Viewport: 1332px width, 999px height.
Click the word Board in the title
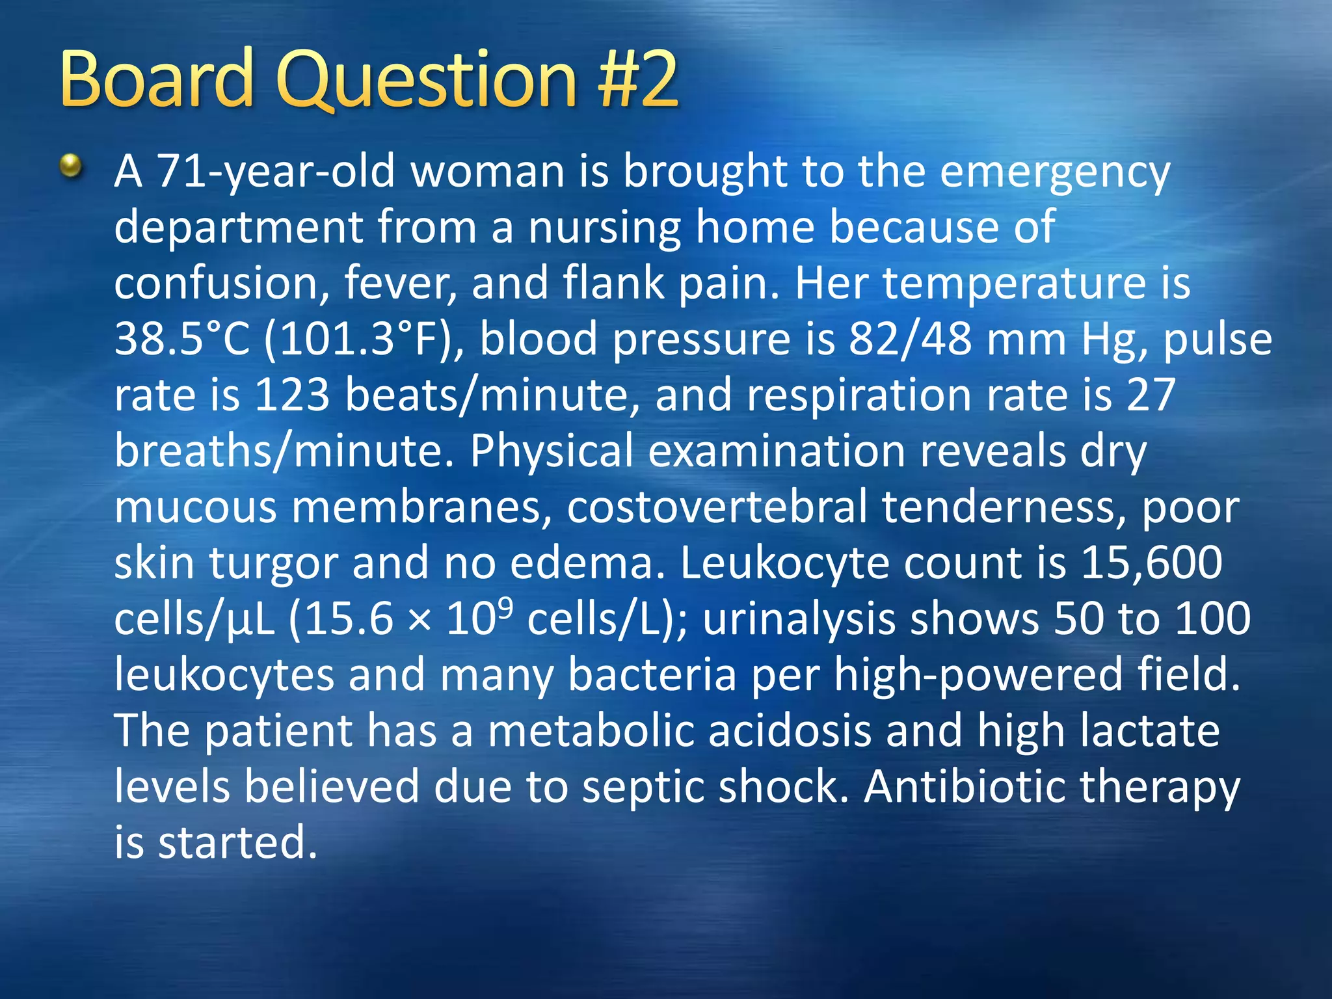pyautogui.click(x=156, y=79)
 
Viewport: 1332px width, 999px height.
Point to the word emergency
pyautogui.click(x=1054, y=173)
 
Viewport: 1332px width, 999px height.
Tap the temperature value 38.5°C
pyautogui.click(x=182, y=340)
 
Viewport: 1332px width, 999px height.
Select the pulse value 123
pyautogui.click(x=292, y=395)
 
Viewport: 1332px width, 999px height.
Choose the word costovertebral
pyautogui.click(x=717, y=507)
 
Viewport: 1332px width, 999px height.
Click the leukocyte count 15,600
pyautogui.click(x=1151, y=563)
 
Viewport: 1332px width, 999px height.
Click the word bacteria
pyautogui.click(x=652, y=674)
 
